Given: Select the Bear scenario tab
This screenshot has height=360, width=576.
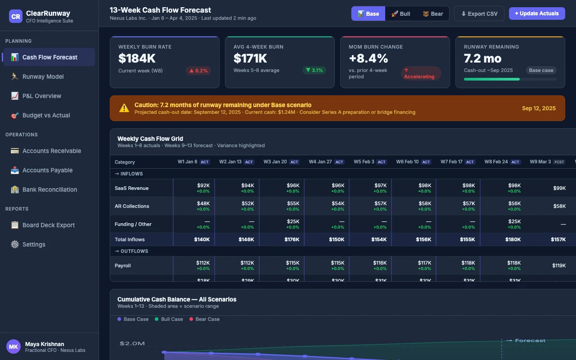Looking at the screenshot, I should tap(432, 13).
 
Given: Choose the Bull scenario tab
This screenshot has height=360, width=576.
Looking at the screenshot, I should tap(400, 13).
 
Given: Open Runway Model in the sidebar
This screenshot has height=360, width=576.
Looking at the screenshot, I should tap(43, 76).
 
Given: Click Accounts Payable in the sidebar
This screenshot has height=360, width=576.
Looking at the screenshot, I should tap(47, 170).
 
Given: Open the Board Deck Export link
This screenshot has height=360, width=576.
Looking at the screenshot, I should tap(49, 225).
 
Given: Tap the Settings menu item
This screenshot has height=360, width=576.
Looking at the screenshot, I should tap(34, 244).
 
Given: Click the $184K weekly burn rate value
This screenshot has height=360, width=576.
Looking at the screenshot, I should tap(137, 58).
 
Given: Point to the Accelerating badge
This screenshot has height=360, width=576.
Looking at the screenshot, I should tap(420, 73).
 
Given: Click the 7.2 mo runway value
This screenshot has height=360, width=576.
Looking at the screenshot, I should tap(482, 58).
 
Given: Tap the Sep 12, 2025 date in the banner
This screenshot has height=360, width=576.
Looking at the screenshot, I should tap(539, 108).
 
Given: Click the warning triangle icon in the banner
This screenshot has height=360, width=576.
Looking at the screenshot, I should tap(124, 108).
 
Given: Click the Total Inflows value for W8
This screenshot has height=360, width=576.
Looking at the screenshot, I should tap(513, 239).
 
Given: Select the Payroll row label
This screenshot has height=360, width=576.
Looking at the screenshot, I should tap(123, 265).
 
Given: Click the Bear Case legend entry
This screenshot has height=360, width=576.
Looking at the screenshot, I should tap(207, 319).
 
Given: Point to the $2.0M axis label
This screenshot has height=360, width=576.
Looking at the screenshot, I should tap(132, 343).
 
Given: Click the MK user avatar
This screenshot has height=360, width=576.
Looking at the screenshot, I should tap(13, 346).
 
